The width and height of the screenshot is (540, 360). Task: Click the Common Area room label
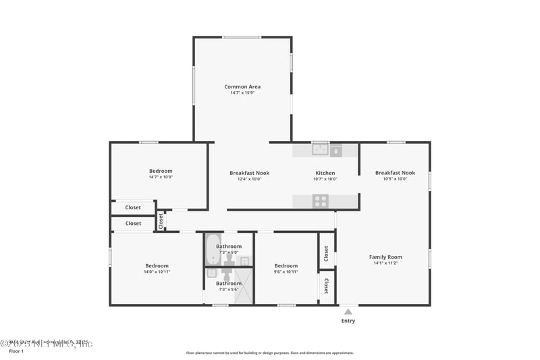coord(242,86)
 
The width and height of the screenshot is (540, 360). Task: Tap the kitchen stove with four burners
coord(320,201)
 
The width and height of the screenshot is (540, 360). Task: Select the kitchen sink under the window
coord(320,149)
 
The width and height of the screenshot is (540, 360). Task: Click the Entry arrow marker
coord(348,311)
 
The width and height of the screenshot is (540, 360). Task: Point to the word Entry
coord(348,321)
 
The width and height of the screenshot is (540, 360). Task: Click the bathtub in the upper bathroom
coord(213,249)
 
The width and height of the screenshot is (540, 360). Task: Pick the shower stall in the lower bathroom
coord(244,286)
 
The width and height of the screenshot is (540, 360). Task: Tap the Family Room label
coord(385,257)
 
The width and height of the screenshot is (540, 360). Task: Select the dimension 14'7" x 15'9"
coord(242,93)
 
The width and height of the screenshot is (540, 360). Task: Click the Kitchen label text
coord(325,173)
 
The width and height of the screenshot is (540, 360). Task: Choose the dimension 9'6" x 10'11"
coord(286,272)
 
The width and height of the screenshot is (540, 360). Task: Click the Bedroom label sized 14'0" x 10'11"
coord(157,265)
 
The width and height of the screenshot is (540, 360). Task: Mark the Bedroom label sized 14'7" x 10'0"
coord(161,171)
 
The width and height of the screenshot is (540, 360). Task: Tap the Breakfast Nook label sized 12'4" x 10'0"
coord(249,173)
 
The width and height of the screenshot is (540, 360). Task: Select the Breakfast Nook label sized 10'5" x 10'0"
coord(395,173)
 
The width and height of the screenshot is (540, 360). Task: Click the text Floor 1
coord(16,351)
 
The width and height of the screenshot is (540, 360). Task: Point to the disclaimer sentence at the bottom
coord(269,353)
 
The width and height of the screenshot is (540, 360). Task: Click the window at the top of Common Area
coord(242,37)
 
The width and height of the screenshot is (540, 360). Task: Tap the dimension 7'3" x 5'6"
coord(229,289)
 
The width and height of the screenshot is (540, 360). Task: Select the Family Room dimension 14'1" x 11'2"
coord(385,263)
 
